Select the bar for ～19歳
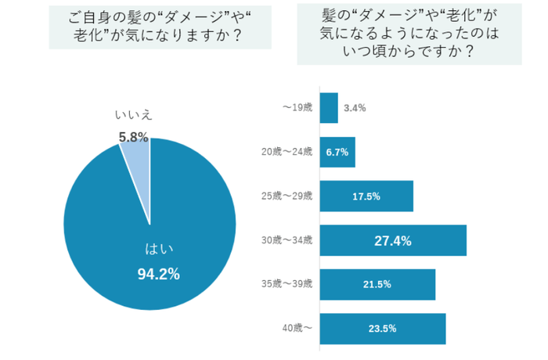click(x=329, y=108)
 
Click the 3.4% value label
click(x=355, y=108)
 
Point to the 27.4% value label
click(x=393, y=240)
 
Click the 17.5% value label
click(x=366, y=196)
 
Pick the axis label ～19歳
click(x=297, y=108)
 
